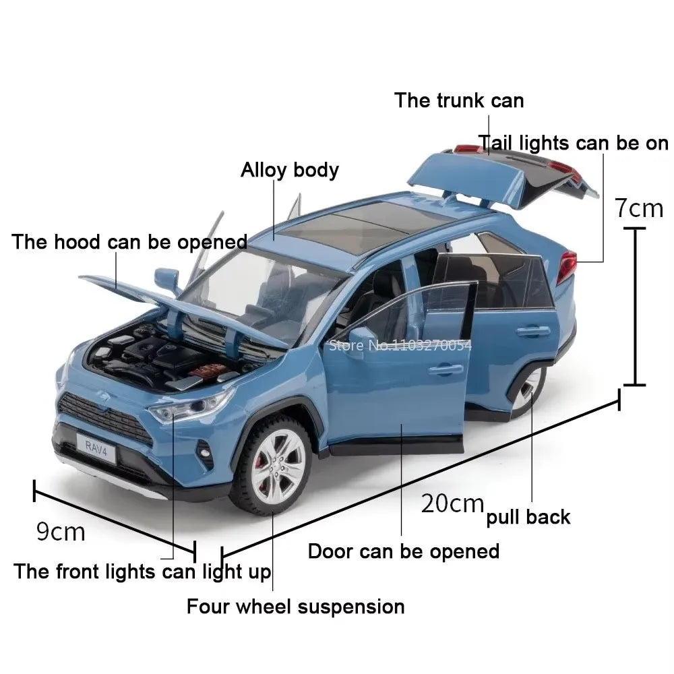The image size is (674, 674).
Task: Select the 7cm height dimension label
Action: click(x=639, y=208)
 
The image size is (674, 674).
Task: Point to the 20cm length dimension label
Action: click(x=452, y=503)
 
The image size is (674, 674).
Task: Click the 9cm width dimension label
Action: click(x=61, y=532)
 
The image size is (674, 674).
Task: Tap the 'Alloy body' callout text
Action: click(x=290, y=171)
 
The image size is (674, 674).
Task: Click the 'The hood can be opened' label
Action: click(x=129, y=242)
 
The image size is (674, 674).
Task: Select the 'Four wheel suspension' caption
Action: click(x=296, y=607)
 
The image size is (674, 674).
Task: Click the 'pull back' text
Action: click(x=528, y=517)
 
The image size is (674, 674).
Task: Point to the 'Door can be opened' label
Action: click(x=404, y=551)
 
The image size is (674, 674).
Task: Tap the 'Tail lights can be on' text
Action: click(x=574, y=143)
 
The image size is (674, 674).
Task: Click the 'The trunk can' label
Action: click(x=459, y=100)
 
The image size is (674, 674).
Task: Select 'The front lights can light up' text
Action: click(x=142, y=572)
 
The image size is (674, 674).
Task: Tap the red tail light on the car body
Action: click(x=567, y=266)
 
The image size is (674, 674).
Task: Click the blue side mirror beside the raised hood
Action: click(x=167, y=280)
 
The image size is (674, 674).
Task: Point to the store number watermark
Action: click(x=400, y=345)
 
